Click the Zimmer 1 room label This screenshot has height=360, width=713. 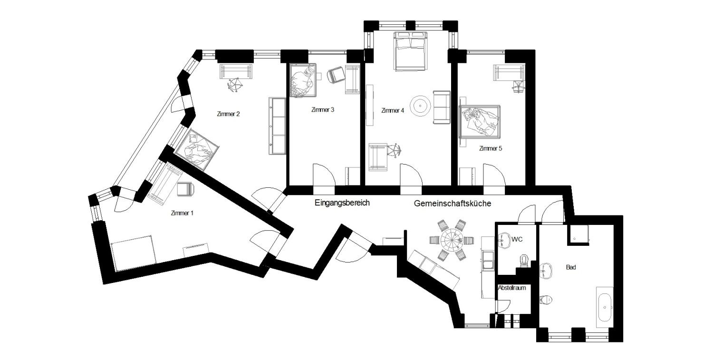(x=182, y=213)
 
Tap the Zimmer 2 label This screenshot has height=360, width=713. (x=228, y=114)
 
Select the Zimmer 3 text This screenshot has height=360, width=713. (x=323, y=109)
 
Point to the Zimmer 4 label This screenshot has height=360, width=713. (x=393, y=110)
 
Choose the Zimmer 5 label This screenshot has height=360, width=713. (x=491, y=148)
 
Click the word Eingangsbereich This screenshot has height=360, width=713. (x=342, y=203)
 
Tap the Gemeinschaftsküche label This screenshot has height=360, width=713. (x=453, y=203)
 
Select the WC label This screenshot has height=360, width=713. (x=517, y=239)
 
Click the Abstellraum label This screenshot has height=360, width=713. (x=512, y=288)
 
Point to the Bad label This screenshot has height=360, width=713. (x=571, y=267)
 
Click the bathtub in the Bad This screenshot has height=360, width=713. (x=605, y=307)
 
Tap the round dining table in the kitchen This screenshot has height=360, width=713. (x=452, y=240)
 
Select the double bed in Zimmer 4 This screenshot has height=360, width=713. (x=410, y=51)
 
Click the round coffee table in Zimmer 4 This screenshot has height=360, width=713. (x=421, y=106)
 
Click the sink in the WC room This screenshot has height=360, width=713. (x=504, y=240)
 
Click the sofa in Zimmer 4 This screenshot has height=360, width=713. (x=442, y=107)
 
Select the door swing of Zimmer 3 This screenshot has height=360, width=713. (x=324, y=175)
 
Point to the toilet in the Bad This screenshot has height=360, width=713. (x=546, y=300)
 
